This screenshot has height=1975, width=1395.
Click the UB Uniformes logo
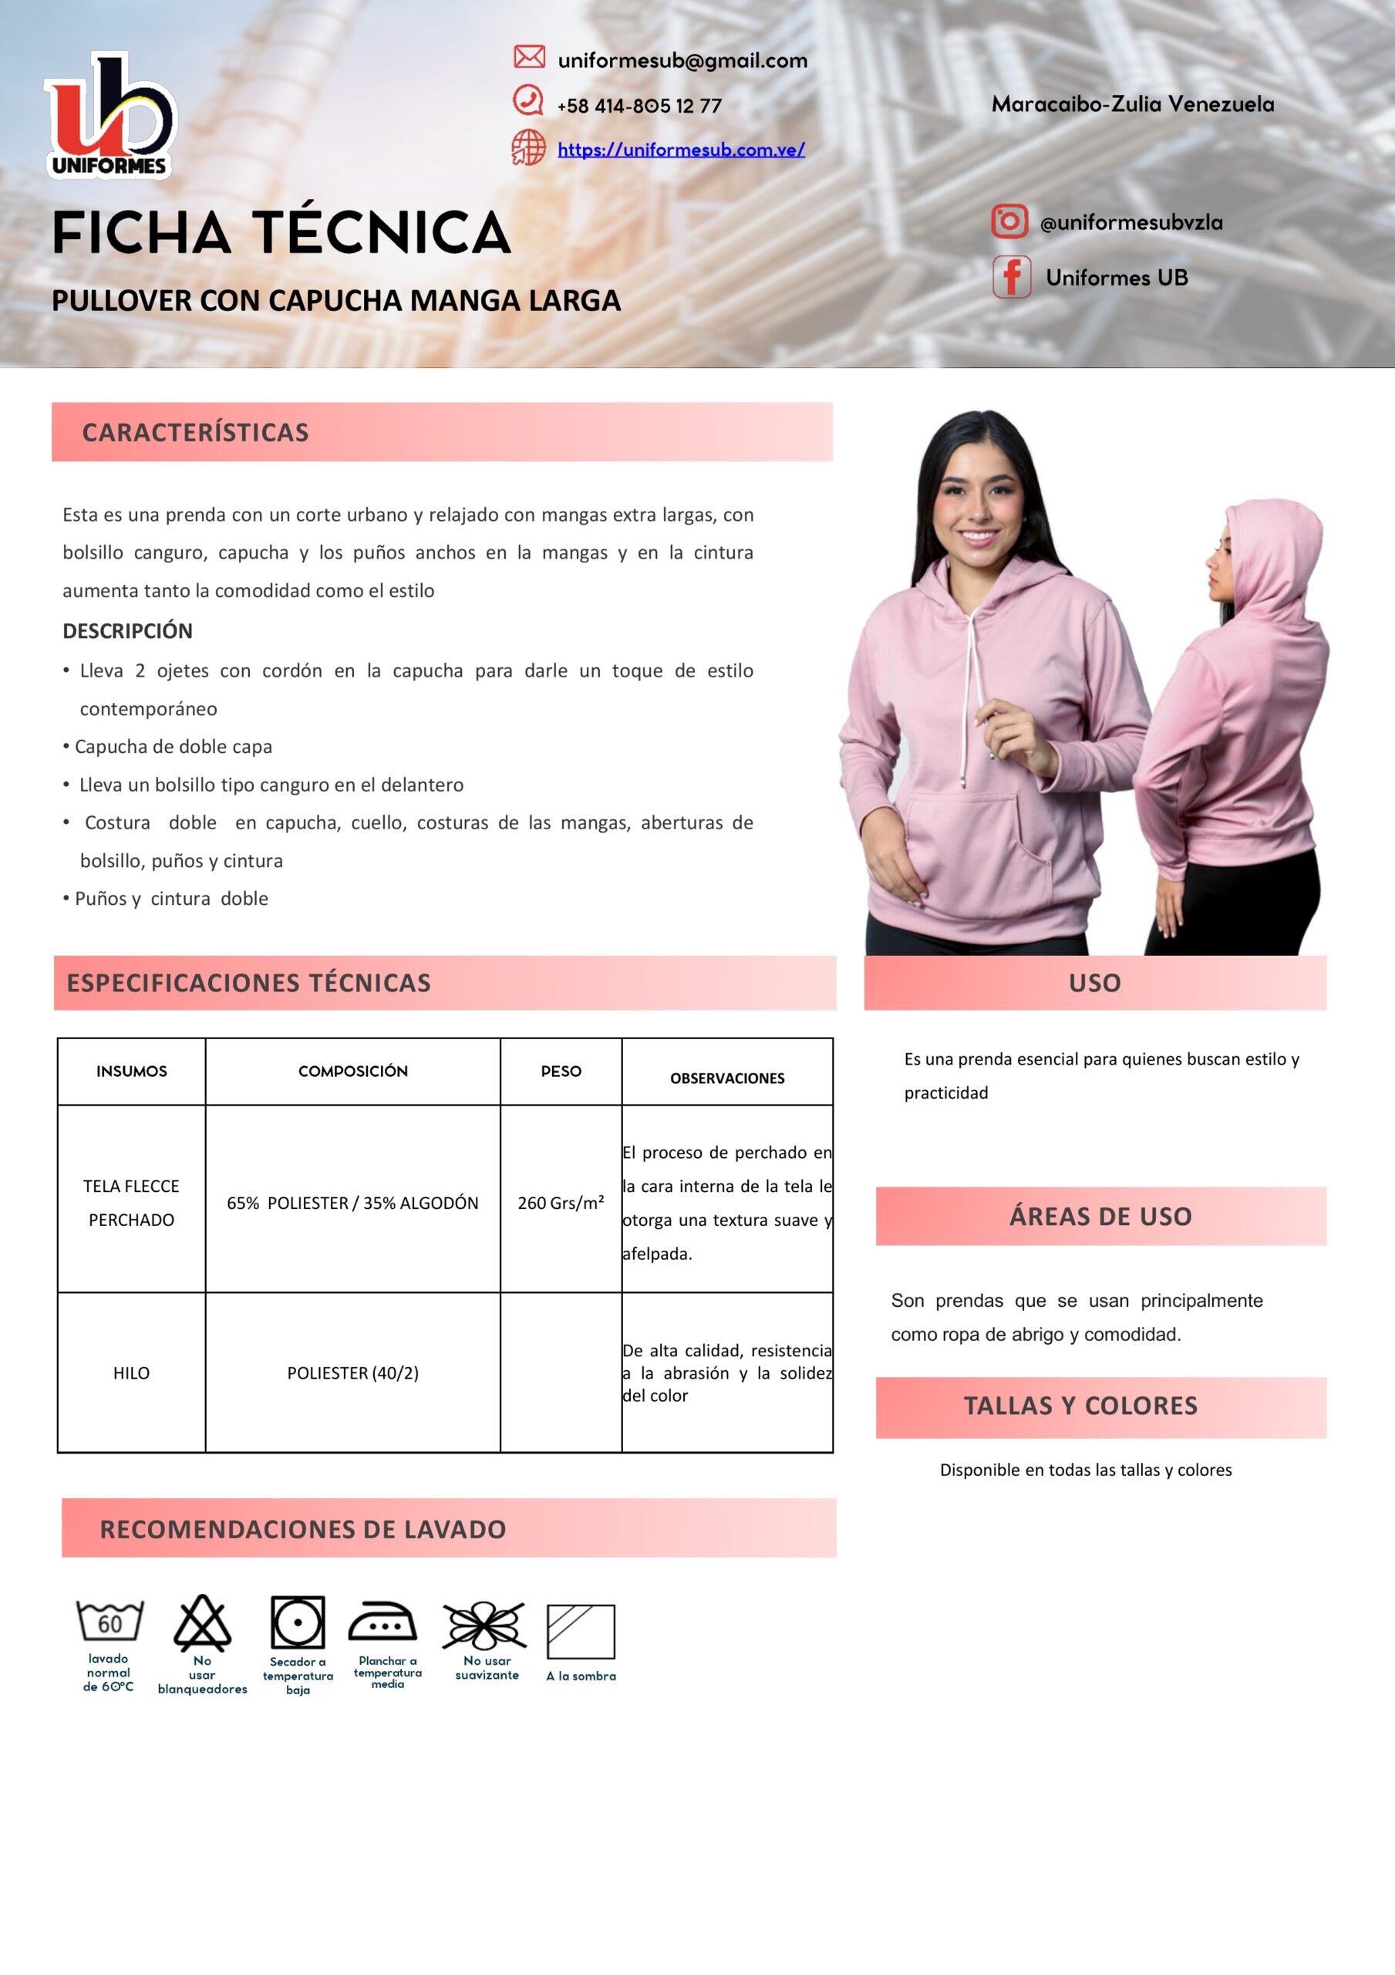coord(110,116)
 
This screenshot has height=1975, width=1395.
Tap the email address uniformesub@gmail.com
coord(682,60)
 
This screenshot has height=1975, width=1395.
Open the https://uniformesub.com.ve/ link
coord(680,150)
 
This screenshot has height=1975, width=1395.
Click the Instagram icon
coord(1009,221)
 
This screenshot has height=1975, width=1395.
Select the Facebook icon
coord(1012,277)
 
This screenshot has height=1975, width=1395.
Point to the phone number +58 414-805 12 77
coord(639,106)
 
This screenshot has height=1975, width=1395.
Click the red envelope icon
coord(529,57)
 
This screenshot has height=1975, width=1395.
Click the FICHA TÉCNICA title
coord(281,233)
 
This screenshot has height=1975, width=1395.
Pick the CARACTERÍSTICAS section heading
coord(195,432)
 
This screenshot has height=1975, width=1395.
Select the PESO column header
coord(561,1071)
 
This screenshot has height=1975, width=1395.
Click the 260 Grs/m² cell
coord(561,1203)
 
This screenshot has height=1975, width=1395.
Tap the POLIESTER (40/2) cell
coord(352,1373)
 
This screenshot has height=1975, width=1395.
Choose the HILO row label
coord(132,1373)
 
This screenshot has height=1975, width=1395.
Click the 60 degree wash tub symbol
coord(110,1622)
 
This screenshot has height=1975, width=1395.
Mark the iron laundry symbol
coord(382,1623)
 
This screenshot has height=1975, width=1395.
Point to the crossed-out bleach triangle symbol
coord(202,1623)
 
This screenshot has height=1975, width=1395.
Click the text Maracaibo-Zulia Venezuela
coord(1133,104)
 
